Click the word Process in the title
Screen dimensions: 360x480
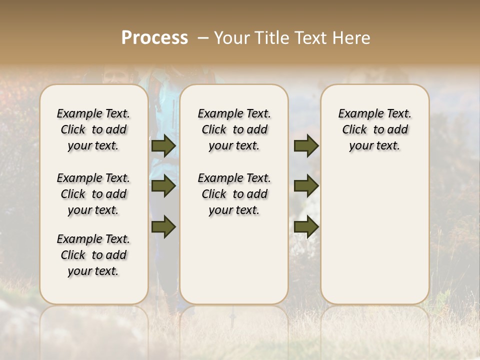click(x=154, y=37)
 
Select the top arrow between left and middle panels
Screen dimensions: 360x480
click(x=163, y=146)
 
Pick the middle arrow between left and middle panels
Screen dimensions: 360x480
click(x=163, y=186)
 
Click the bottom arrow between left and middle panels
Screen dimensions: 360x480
click(x=163, y=227)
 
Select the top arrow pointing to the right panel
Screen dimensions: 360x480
click(x=306, y=146)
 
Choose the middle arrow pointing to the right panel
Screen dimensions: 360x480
click(x=306, y=186)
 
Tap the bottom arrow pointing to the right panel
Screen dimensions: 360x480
click(x=306, y=227)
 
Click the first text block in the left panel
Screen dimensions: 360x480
click(x=93, y=129)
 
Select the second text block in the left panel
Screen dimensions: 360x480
click(x=93, y=194)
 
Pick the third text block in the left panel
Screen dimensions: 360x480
click(x=93, y=255)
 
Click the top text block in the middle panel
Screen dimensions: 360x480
click(x=234, y=129)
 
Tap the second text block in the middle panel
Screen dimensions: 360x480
click(x=234, y=194)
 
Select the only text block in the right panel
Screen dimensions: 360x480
click(x=374, y=129)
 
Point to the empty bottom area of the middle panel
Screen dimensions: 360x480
click(x=234, y=265)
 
